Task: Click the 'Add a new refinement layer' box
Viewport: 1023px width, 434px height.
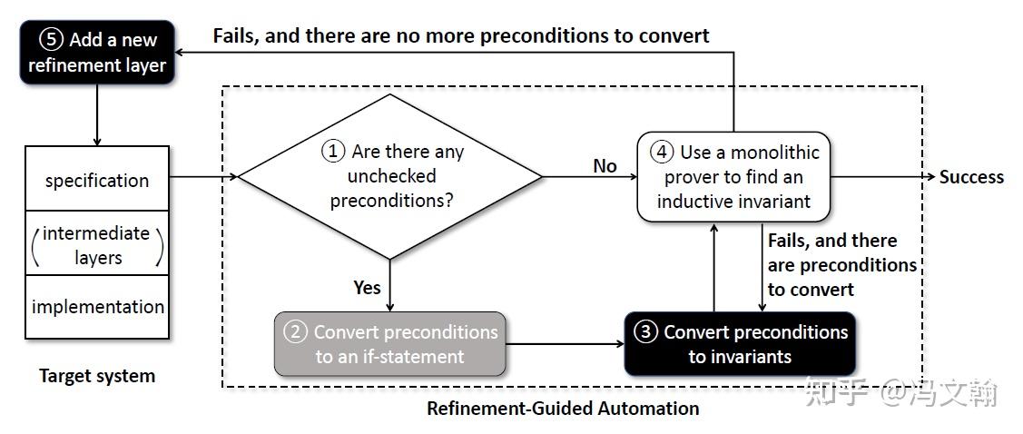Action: (96, 53)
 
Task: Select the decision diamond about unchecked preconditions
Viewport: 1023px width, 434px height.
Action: (390, 176)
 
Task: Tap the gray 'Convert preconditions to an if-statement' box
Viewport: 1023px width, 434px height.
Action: (390, 344)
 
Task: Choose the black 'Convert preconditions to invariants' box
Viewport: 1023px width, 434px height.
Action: (740, 344)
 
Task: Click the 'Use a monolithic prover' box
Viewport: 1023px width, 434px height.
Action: (733, 176)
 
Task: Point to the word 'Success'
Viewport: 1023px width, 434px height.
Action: (971, 177)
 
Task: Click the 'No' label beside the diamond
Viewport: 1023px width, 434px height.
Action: (605, 166)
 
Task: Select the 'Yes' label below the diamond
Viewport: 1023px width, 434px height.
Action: (367, 287)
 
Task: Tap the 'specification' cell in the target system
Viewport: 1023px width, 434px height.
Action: (97, 180)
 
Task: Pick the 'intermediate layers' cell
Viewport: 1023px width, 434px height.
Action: (97, 245)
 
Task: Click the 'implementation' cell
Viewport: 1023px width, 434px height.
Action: (97, 307)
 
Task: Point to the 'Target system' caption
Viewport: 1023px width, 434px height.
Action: (97, 376)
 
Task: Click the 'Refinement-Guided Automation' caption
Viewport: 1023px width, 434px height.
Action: (563, 409)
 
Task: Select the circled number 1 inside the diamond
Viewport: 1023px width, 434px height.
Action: (334, 152)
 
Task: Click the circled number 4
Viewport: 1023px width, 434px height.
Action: (663, 152)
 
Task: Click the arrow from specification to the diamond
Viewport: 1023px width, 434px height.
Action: (203, 176)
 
